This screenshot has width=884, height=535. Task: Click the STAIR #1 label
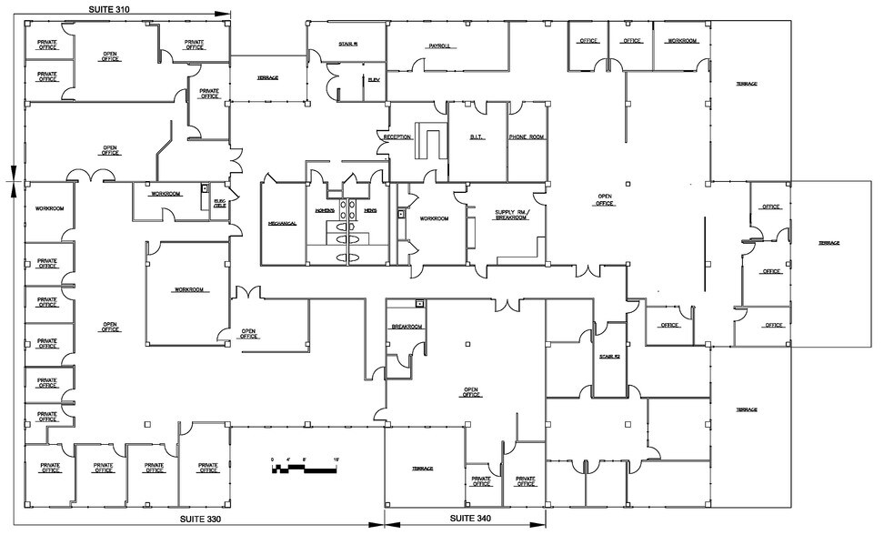(348, 42)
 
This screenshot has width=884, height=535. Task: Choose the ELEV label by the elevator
(373, 80)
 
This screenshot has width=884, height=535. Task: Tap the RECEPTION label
(397, 137)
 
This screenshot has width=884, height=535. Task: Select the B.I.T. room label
(477, 137)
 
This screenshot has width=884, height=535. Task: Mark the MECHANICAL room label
(283, 223)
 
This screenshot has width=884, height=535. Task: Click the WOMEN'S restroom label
(325, 211)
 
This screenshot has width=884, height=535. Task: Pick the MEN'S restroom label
(370, 211)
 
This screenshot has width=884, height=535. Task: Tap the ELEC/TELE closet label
(219, 204)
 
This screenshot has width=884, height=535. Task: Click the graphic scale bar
(305, 469)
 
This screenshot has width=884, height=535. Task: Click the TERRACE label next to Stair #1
(267, 77)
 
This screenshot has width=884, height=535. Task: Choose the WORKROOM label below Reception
(433, 218)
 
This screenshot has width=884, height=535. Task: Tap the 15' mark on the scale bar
(337, 459)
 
